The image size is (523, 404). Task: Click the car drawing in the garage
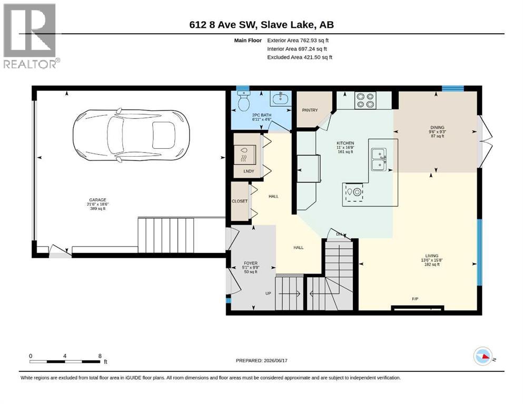132,135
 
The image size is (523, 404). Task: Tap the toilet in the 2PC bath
244,101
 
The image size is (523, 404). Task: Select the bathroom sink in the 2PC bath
281,98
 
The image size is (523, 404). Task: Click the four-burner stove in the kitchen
365,100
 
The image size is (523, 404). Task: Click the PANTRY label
310,110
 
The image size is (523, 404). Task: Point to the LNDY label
249,171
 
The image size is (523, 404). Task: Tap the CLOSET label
240,201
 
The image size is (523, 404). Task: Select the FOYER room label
251,263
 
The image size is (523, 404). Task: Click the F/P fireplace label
415,299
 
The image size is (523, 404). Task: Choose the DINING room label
437,127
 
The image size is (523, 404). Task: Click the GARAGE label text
98,200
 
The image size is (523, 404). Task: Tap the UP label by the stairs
268,294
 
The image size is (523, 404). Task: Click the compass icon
483,356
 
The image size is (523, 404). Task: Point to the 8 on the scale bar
100,356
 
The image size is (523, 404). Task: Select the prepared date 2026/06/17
275,360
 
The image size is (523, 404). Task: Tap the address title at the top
261,25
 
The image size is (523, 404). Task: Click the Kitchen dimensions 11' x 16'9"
345,147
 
